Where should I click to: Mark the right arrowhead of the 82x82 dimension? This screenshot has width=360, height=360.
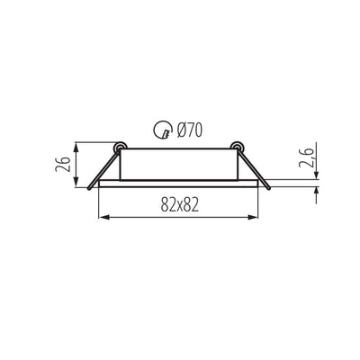coord(256,216)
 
